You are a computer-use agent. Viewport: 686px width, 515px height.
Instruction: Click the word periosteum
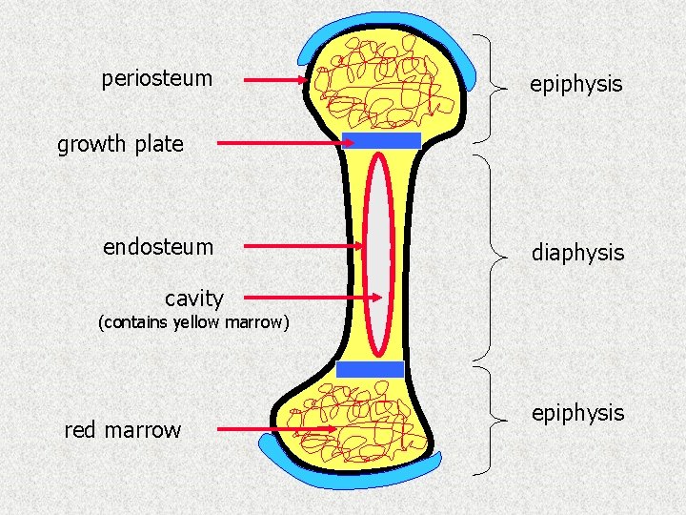coord(156,78)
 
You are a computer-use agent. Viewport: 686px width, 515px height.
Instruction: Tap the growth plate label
coord(120,145)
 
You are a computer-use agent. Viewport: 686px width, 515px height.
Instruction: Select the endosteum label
coord(158,247)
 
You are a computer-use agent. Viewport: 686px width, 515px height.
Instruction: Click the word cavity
coord(193,299)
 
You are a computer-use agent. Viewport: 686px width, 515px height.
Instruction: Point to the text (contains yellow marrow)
coord(193,322)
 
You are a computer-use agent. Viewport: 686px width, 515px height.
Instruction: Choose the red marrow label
coord(122,430)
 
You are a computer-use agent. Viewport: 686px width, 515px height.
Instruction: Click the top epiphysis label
coord(575,84)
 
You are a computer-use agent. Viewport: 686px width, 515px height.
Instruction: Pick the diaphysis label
coord(577,253)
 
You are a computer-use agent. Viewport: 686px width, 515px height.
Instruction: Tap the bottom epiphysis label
coord(577,413)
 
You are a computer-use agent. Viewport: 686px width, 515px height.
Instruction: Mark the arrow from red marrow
coord(276,429)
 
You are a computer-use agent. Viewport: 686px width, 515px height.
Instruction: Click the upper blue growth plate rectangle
coord(381,141)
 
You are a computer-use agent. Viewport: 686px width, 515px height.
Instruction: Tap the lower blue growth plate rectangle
coord(371,370)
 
